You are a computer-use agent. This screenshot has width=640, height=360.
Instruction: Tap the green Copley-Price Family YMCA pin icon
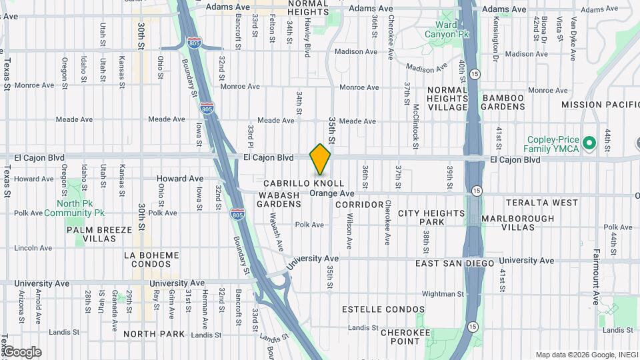pyautogui.click(x=589, y=143)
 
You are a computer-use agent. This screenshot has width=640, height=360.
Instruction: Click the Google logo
pyautogui.click(x=21, y=352)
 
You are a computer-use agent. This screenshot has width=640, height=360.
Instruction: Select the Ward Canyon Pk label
pyautogui.click(x=441, y=29)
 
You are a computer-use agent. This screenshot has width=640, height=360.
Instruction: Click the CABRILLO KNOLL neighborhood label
pyautogui.click(x=303, y=183)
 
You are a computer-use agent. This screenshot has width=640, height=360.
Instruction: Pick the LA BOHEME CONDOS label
pyautogui.click(x=151, y=260)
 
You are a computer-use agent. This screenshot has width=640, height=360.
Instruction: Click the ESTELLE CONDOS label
pyautogui.click(x=383, y=309)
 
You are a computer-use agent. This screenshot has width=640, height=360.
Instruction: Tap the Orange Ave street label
pyautogui.click(x=331, y=193)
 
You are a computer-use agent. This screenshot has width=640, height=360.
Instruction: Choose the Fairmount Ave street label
pyautogui.click(x=596, y=276)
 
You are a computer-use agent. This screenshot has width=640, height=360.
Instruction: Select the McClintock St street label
pyautogui.click(x=415, y=121)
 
